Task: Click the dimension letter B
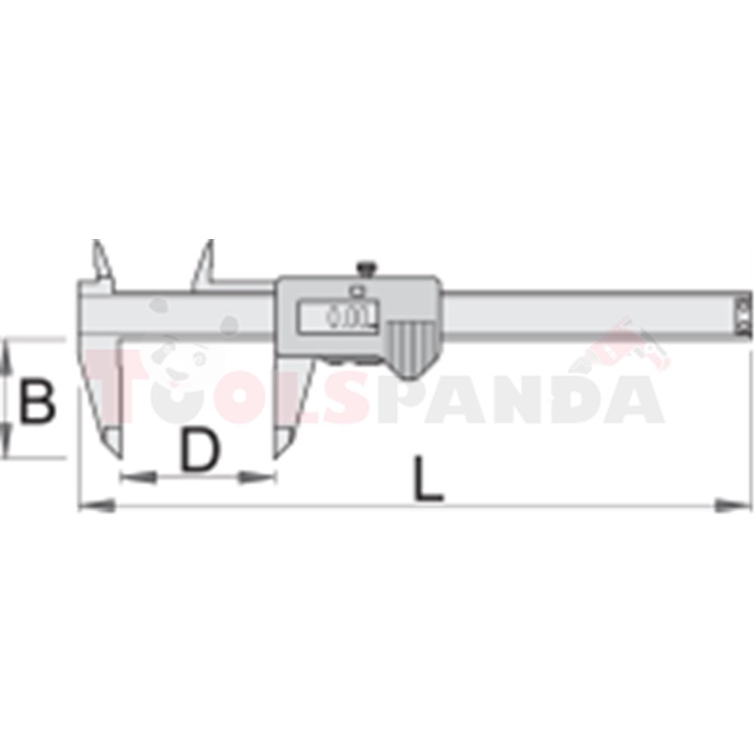(x=37, y=401)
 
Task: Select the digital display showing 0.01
(x=338, y=316)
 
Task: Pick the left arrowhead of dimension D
(x=138, y=477)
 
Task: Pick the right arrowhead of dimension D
(x=258, y=477)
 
